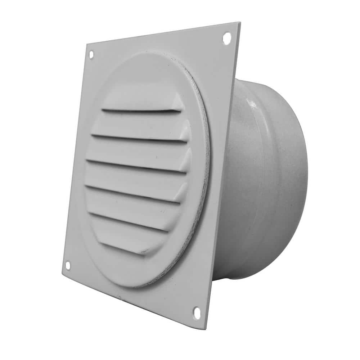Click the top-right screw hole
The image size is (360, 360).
227,37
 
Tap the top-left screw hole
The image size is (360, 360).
91,55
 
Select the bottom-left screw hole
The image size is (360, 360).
67,266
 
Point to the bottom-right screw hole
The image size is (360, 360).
197,312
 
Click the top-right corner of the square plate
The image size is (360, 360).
239,23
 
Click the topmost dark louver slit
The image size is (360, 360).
140,110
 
